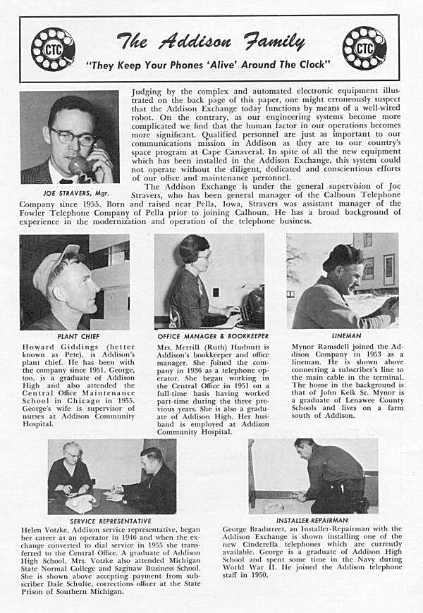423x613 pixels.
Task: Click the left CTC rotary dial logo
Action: pos(53,49)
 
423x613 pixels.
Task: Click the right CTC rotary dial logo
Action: pos(364,48)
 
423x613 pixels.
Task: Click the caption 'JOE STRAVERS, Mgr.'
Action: pos(69,192)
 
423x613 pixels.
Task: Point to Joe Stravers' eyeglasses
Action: pos(73,135)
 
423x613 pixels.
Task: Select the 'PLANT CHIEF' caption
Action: pos(74,337)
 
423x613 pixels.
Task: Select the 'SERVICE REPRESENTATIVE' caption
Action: pos(111,521)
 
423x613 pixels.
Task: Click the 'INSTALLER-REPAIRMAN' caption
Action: pos(312,521)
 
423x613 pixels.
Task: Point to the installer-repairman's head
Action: pos(305,447)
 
